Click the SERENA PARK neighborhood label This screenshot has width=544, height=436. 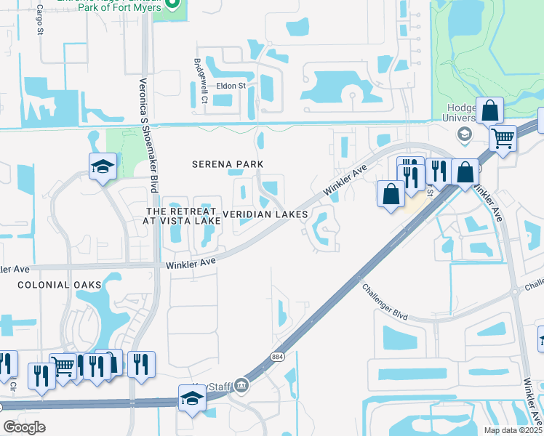pos(226,164)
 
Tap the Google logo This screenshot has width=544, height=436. pos(25,427)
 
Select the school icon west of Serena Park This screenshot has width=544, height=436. pos(103,166)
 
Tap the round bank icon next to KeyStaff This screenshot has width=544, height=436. pos(243,386)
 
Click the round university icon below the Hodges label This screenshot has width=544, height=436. pos(463,134)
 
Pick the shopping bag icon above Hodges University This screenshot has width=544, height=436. pos(490,110)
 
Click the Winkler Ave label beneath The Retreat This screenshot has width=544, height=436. pos(191,262)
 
